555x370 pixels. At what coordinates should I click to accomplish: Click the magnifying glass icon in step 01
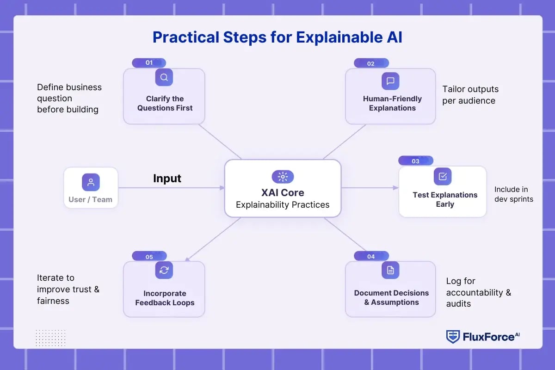point(164,77)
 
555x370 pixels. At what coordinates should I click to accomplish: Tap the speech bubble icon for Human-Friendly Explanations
point(390,81)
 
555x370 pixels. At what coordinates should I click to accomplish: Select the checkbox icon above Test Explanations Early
point(443,176)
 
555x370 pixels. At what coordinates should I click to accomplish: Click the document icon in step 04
point(390,270)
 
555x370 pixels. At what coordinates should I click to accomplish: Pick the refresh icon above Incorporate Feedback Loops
point(164,270)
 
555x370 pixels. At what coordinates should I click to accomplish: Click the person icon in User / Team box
point(91,182)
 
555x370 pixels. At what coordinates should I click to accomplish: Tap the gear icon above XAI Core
point(283,176)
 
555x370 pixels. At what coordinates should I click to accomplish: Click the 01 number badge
point(149,63)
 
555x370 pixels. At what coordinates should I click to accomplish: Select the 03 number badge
point(415,161)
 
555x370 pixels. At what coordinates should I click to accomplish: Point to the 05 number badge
point(149,257)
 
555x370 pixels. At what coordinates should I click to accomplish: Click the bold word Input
point(167,179)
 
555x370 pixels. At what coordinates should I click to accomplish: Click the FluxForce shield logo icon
point(452,337)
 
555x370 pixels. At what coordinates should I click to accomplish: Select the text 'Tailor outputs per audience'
point(470,95)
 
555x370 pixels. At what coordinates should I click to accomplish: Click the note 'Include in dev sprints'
point(513,194)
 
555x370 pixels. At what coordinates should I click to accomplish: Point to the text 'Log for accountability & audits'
point(478,292)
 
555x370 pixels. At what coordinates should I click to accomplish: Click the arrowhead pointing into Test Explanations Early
point(395,188)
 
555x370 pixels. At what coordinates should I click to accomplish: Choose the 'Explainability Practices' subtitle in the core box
point(283,205)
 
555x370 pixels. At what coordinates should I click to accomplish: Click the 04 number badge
point(371,257)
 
